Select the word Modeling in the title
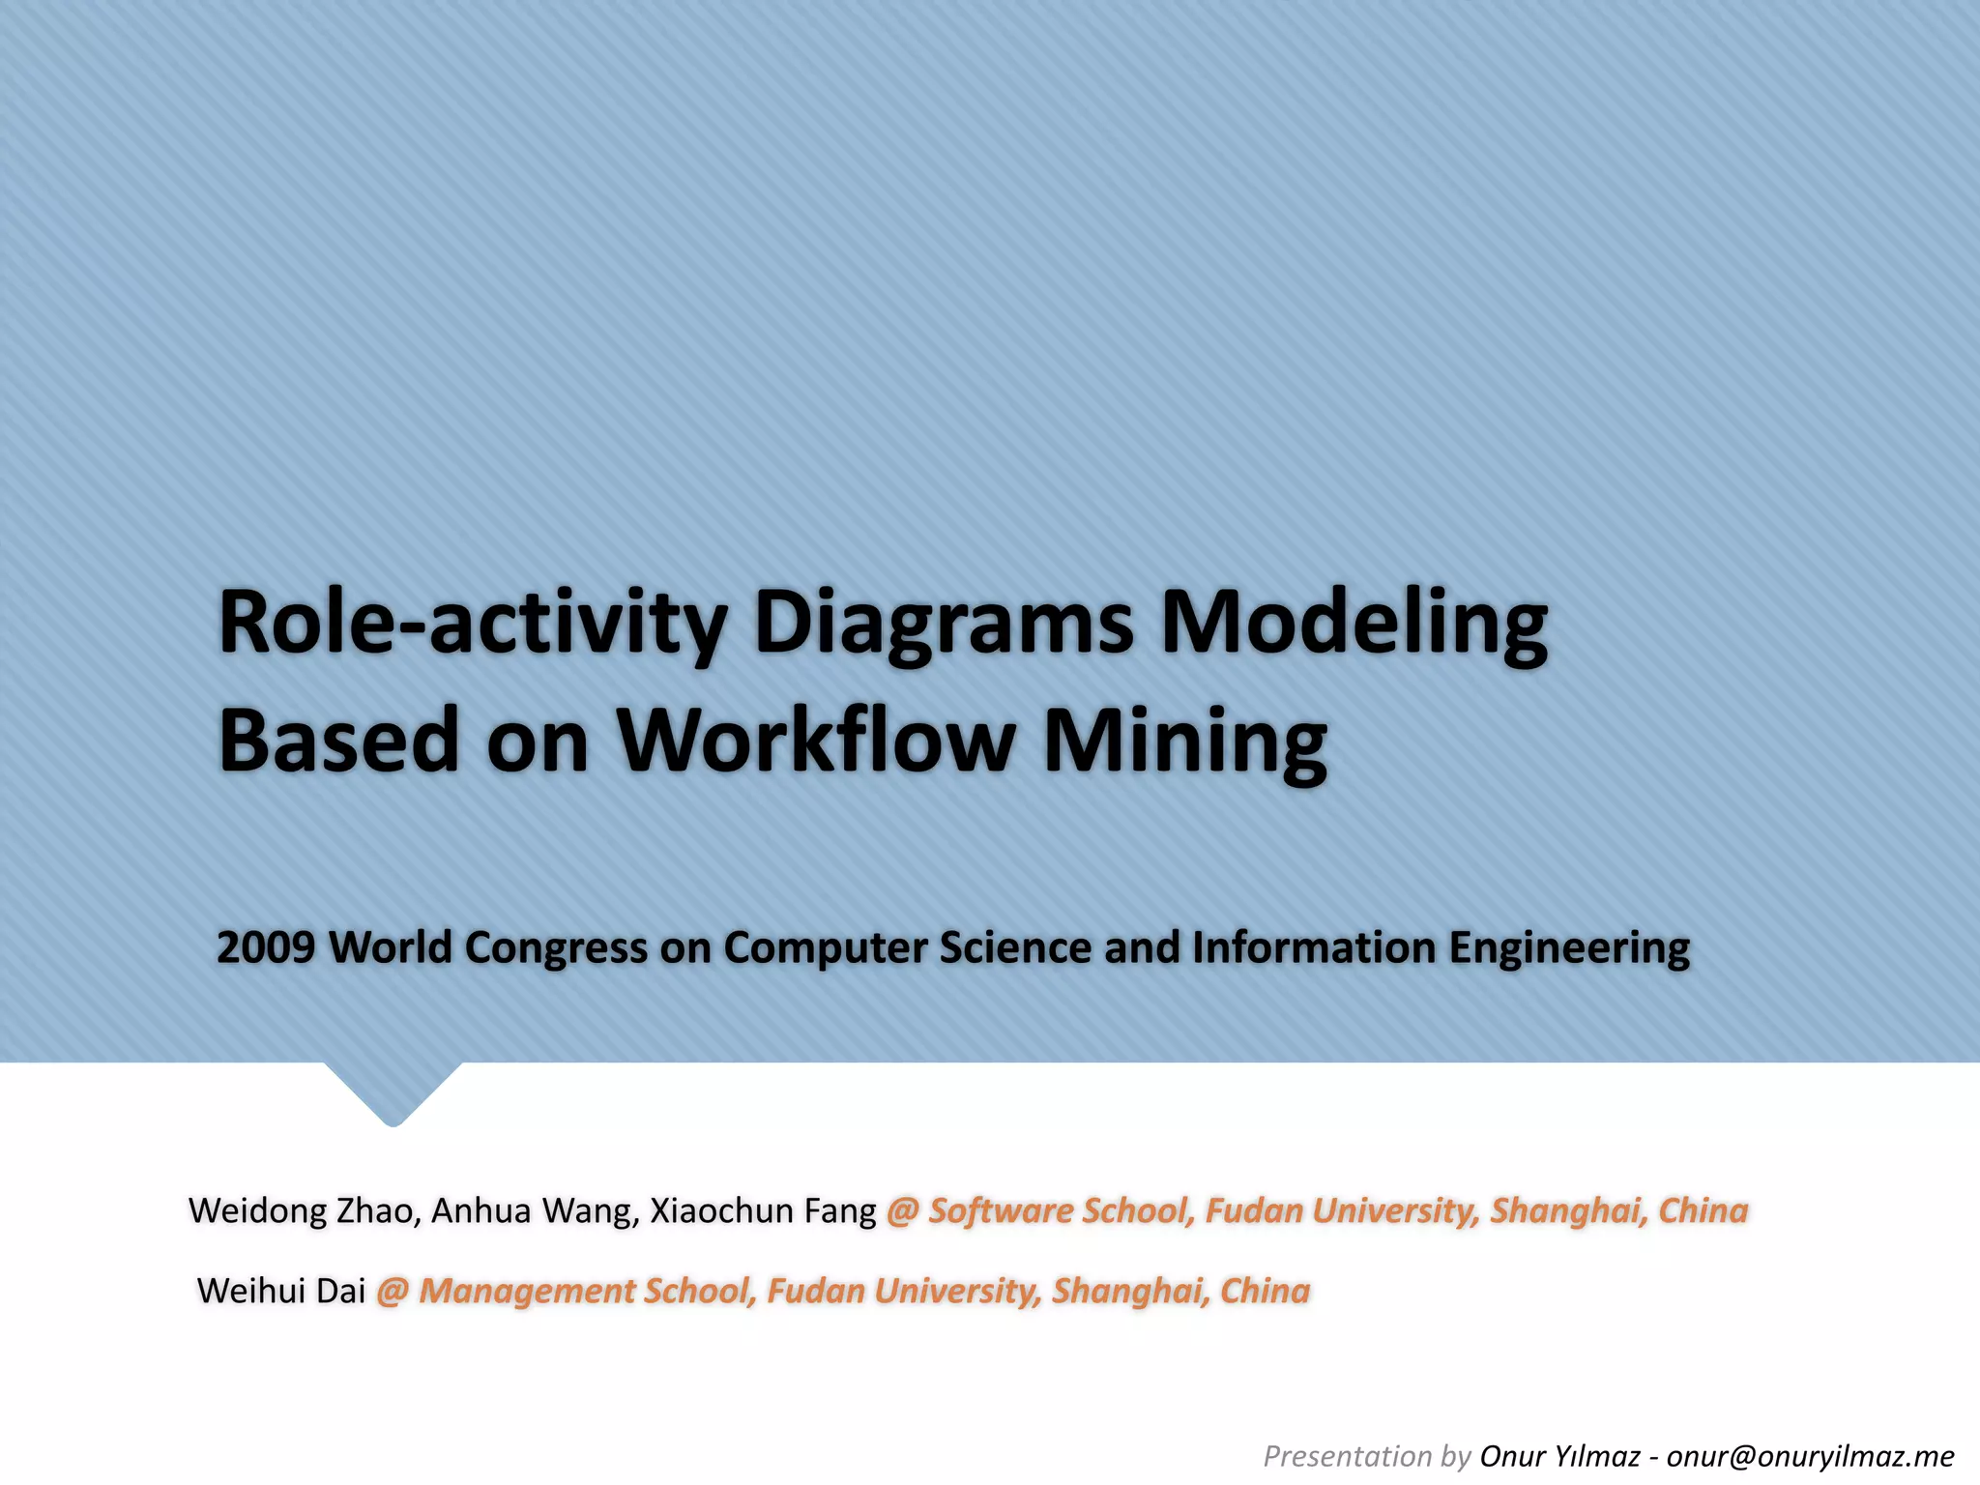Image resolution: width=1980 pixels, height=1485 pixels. (1354, 624)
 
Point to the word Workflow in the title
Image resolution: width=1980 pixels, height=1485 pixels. (817, 741)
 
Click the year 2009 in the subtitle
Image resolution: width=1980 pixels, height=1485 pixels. (266, 947)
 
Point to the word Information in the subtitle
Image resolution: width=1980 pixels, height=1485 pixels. (1314, 947)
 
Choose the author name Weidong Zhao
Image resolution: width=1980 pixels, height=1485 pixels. (301, 1210)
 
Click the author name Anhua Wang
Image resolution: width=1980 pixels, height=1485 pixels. (535, 1210)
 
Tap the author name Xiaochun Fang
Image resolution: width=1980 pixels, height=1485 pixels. (763, 1210)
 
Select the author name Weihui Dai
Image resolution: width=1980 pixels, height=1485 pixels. (281, 1291)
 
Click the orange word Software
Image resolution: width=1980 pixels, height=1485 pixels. (1000, 1210)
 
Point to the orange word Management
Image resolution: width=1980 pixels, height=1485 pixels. (526, 1292)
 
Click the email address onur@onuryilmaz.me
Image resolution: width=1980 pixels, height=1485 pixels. (1810, 1456)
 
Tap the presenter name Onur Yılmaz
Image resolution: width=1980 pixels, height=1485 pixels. (1559, 1456)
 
